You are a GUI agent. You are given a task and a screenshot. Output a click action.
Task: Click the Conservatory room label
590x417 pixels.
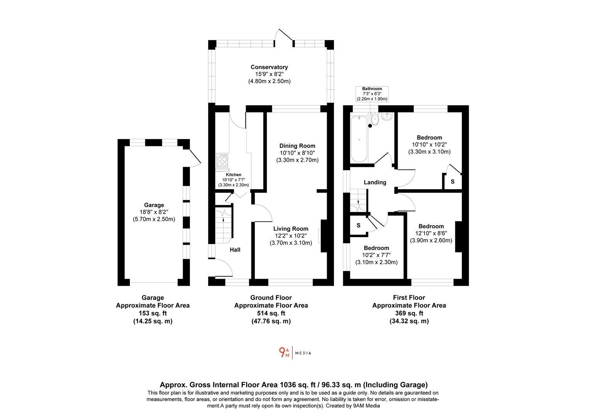click(x=269, y=67)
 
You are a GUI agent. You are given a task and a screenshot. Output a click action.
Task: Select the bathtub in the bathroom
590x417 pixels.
click(x=359, y=139)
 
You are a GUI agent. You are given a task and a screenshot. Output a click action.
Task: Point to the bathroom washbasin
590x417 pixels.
click(x=387, y=116)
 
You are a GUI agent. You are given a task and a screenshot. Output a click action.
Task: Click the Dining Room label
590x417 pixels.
click(x=297, y=146)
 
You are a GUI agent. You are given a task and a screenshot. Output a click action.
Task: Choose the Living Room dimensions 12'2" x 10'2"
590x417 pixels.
click(x=291, y=236)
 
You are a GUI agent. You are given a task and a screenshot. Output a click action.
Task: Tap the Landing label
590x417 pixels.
click(x=375, y=182)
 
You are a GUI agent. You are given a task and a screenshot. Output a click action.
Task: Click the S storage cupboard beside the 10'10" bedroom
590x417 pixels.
click(x=453, y=181)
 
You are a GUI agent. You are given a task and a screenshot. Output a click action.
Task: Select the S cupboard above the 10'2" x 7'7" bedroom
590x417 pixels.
click(x=358, y=225)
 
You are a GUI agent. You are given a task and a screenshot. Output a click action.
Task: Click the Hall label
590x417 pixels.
click(x=235, y=250)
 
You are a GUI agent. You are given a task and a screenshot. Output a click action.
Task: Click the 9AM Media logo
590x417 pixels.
click(x=295, y=353)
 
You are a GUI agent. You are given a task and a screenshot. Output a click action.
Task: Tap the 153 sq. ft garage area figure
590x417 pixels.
click(x=153, y=313)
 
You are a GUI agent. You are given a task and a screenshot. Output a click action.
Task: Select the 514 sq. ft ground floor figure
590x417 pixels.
click(x=271, y=313)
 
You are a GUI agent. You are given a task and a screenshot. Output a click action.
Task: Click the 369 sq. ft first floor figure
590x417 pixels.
click(x=409, y=313)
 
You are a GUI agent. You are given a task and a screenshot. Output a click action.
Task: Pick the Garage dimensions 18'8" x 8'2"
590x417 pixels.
click(x=154, y=212)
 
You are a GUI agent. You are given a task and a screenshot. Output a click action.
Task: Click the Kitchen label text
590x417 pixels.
click(x=234, y=175)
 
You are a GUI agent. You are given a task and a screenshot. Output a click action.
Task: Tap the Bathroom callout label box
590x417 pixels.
click(x=372, y=94)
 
